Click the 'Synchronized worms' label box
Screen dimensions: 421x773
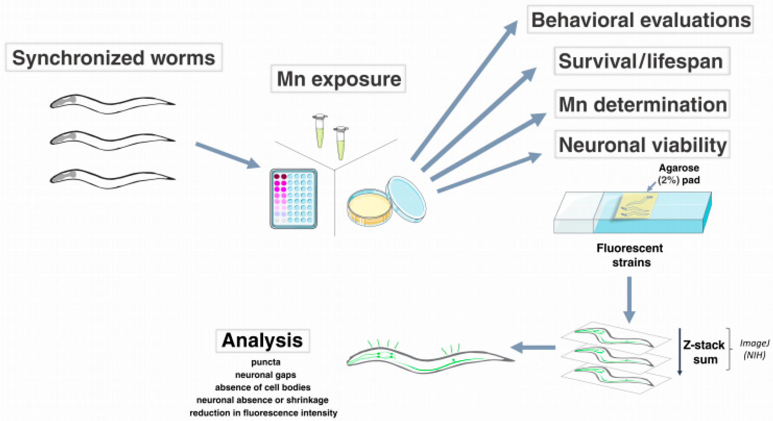114,58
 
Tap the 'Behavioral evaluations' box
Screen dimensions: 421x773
640,20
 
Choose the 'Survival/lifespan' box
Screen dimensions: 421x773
642,61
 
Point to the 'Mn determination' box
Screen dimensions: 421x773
642,104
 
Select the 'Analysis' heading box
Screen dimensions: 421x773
262,341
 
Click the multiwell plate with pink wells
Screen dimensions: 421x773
294,199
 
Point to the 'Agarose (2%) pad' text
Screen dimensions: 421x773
679,174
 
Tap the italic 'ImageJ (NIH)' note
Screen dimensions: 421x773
754,349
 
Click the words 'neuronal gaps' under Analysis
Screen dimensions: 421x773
265,375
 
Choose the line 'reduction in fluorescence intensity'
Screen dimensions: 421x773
263,413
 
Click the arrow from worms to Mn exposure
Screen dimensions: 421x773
227,155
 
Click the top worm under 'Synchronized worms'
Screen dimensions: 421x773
112,104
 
